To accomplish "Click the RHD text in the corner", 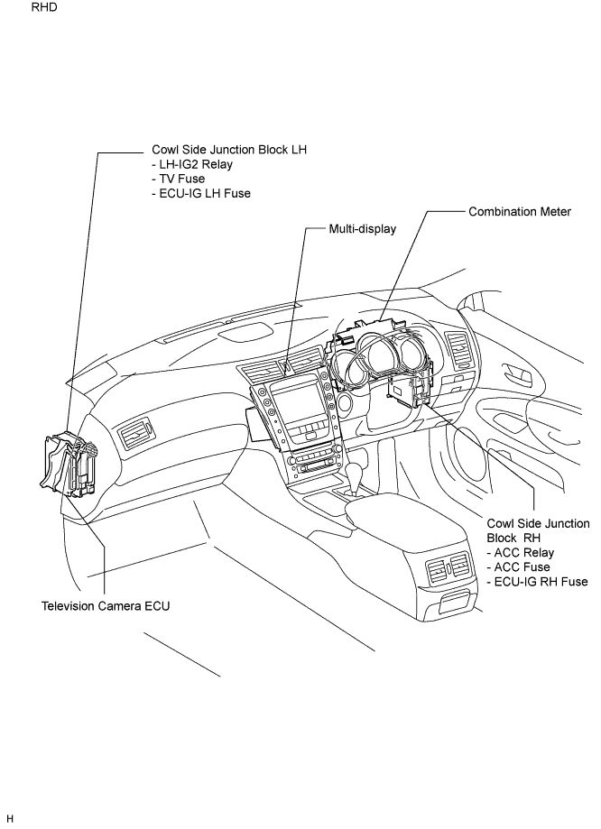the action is [x=44, y=7].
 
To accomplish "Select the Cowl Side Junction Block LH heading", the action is [x=229, y=150].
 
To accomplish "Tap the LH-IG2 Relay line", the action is [x=192, y=164].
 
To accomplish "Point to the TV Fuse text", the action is [x=178, y=179].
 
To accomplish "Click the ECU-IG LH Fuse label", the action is [x=201, y=193].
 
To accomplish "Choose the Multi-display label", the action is [x=363, y=229].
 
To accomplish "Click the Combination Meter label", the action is [x=520, y=211].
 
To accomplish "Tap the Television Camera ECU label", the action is [x=106, y=606].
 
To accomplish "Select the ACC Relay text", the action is [x=520, y=552].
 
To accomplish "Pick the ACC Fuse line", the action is [x=518, y=567].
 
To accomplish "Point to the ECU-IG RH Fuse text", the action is [x=537, y=582].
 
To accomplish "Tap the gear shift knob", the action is [x=354, y=472].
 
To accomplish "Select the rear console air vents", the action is [x=448, y=568].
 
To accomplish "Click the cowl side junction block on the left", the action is [x=68, y=464].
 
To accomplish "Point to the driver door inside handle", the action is [x=517, y=372].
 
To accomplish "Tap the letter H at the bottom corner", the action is [x=10, y=819].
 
